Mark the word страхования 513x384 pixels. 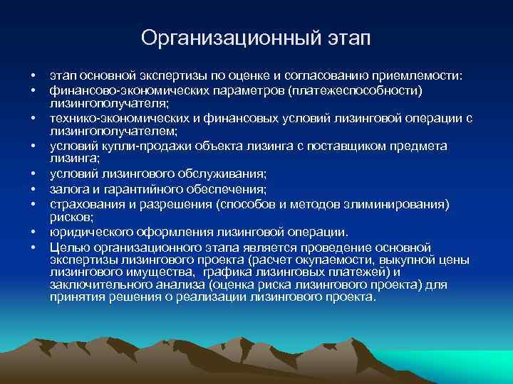coord(83,203)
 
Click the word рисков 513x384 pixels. coord(69,216)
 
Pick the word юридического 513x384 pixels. coord(88,232)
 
